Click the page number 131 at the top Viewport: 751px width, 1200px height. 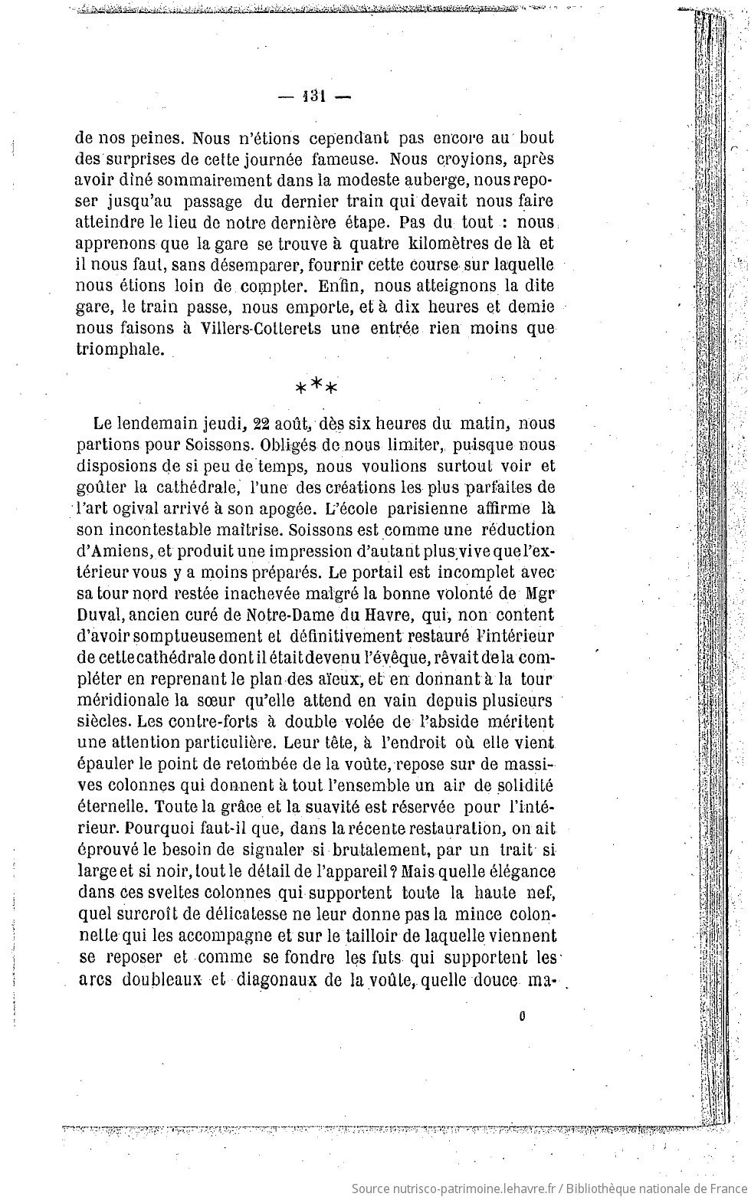315,97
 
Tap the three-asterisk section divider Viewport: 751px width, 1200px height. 316,386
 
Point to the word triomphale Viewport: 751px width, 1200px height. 120,350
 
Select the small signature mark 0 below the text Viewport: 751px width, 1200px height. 522,1018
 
